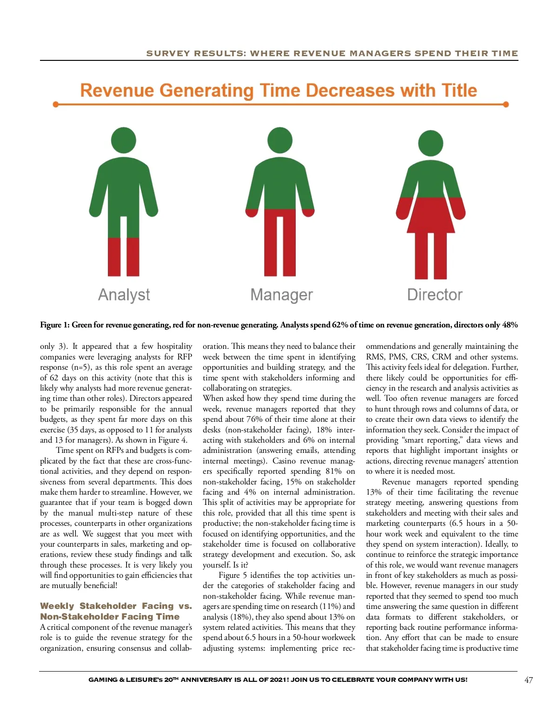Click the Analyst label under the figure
124,295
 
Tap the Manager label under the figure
281,295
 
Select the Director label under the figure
435,295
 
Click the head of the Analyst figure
124,140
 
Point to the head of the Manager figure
280,140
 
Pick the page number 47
529,680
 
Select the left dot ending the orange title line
56,105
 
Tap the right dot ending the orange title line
506,105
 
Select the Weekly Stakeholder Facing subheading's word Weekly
57,606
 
